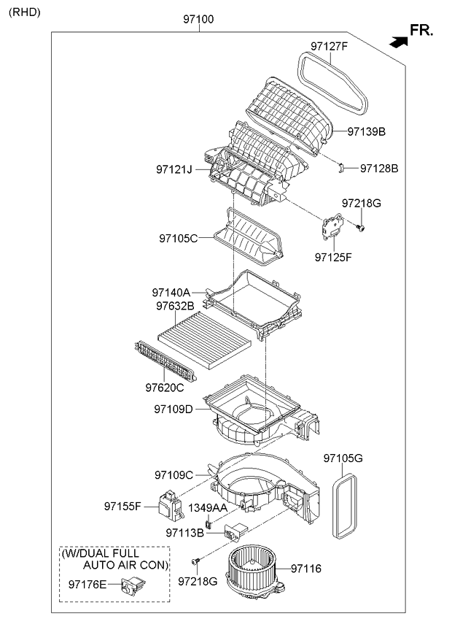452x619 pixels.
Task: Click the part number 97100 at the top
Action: point(198,20)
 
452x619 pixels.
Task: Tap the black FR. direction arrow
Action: point(398,42)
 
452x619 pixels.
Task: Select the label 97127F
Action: point(329,47)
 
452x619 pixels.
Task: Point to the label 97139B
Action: point(366,132)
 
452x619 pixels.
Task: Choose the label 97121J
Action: point(174,169)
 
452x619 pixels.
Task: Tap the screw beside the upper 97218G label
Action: point(361,229)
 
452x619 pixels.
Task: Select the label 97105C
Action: point(178,238)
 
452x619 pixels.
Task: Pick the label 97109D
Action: point(173,410)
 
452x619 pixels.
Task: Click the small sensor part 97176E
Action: point(133,584)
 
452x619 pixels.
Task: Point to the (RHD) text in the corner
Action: point(24,12)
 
